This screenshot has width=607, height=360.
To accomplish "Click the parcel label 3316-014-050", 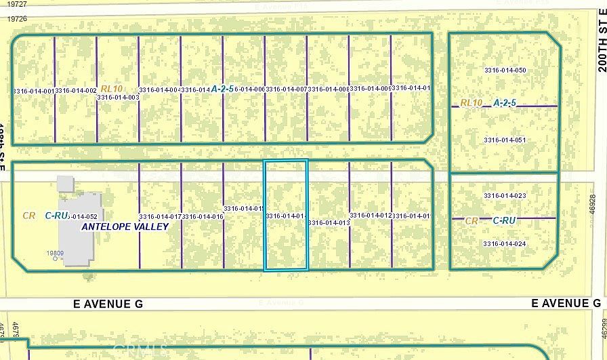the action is tap(505, 71).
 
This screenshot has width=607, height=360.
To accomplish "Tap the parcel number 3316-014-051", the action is tap(505, 140).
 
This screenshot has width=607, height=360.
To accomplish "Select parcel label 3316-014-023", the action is tap(505, 196).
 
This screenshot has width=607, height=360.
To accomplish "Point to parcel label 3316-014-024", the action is tap(505, 243).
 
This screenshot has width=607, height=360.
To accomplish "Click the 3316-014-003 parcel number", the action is tap(118, 97).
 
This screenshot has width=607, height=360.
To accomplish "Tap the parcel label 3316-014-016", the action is tap(203, 216).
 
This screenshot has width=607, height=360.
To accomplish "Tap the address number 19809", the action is tap(55, 253).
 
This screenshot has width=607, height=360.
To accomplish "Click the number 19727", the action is tap(18, 5).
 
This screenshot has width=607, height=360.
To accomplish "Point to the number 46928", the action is tap(593, 205).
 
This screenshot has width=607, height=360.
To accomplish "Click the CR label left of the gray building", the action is tap(28, 216).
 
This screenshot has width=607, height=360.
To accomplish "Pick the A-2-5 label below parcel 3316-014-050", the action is tap(505, 103).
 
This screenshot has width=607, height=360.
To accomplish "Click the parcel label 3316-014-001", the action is tap(33, 90).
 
